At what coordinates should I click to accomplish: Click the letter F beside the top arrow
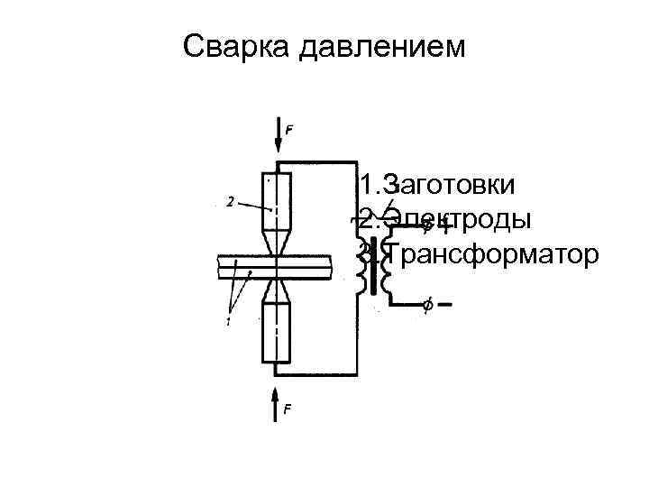288,130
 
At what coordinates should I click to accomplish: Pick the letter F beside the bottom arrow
288,410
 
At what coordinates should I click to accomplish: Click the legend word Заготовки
448,186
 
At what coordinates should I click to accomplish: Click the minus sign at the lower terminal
444,303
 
